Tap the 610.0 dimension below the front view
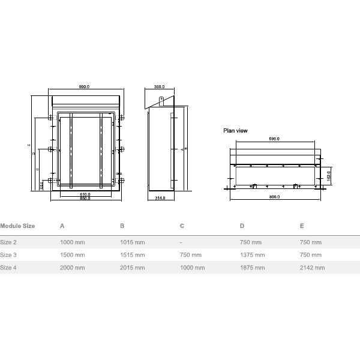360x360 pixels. point(85,194)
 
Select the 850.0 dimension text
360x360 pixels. point(85,199)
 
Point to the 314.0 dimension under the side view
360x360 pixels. point(160,198)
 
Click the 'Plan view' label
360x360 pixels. point(235,130)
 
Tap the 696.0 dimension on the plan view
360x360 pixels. point(274,139)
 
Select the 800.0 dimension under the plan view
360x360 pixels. point(274,197)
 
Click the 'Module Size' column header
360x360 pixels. point(17,226)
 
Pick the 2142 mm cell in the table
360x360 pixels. point(312,268)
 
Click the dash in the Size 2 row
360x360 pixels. point(181,242)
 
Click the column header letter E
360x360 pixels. point(302,226)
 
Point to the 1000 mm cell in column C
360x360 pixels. point(193,268)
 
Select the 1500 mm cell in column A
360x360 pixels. point(72,254)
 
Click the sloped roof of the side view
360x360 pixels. point(163,98)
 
